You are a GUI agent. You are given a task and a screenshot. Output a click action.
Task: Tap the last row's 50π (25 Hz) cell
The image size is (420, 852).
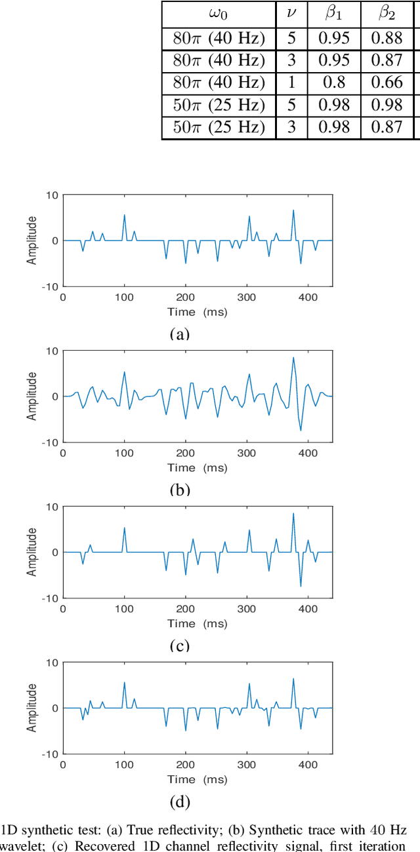(x=218, y=126)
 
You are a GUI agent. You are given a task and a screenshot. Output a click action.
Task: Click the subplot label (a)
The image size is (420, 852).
(x=179, y=334)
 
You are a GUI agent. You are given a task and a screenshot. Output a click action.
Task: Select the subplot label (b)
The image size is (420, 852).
(x=179, y=490)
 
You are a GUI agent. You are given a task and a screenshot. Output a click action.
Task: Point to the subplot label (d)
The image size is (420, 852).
(x=179, y=801)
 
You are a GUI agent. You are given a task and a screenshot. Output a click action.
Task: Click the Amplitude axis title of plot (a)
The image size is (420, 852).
(x=31, y=241)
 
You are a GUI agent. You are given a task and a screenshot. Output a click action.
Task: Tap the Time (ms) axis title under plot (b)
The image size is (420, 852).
(x=197, y=468)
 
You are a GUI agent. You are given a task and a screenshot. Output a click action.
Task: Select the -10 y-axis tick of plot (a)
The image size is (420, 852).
(x=51, y=286)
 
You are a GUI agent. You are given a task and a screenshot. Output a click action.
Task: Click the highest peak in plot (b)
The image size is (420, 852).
(x=293, y=357)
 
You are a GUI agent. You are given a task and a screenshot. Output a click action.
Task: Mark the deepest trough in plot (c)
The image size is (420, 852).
(x=301, y=587)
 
